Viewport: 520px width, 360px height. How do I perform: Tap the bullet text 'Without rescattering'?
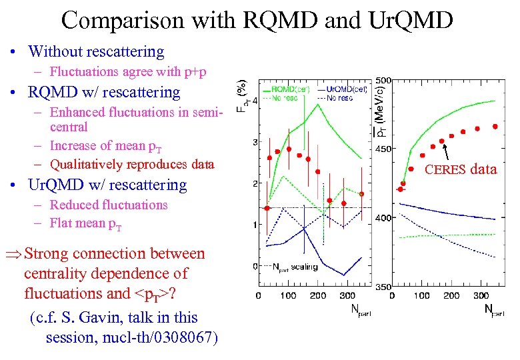coord(96,51)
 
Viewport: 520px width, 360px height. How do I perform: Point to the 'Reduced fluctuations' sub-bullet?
coord(109,205)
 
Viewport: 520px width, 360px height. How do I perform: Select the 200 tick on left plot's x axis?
coord(318,295)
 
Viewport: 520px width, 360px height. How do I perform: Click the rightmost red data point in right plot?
coord(495,126)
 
